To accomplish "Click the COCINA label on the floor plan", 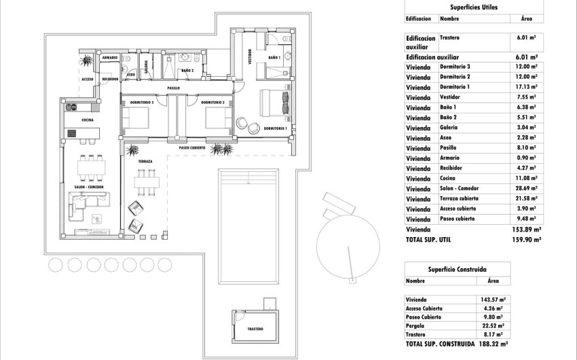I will [87, 120].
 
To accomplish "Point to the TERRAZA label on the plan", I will [145, 162].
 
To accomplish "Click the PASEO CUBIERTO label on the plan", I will [192, 147].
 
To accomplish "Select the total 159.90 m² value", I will [526, 240].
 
